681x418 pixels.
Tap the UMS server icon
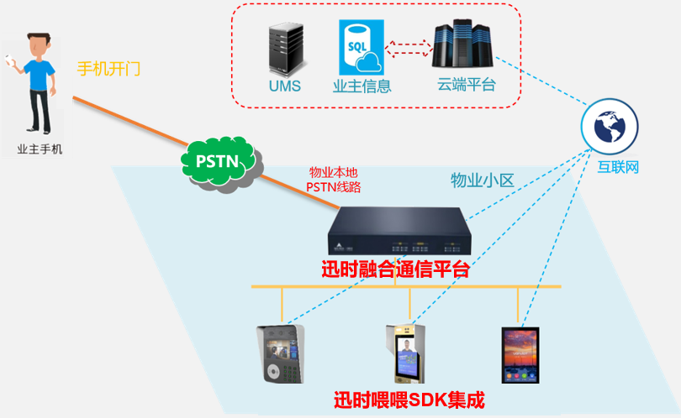click(283, 50)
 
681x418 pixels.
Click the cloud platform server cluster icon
click(459, 46)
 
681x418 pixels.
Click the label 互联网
click(618, 167)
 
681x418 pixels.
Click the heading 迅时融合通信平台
click(395, 270)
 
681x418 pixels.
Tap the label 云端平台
click(467, 85)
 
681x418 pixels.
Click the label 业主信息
click(362, 86)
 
